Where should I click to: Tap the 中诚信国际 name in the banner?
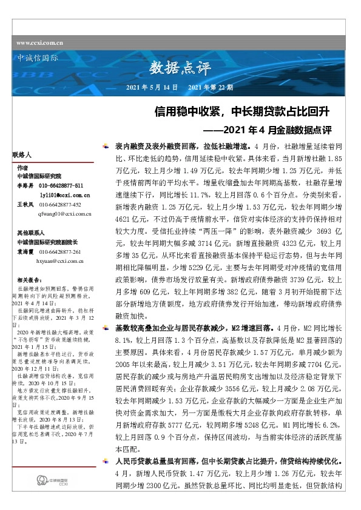[x=35, y=59]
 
